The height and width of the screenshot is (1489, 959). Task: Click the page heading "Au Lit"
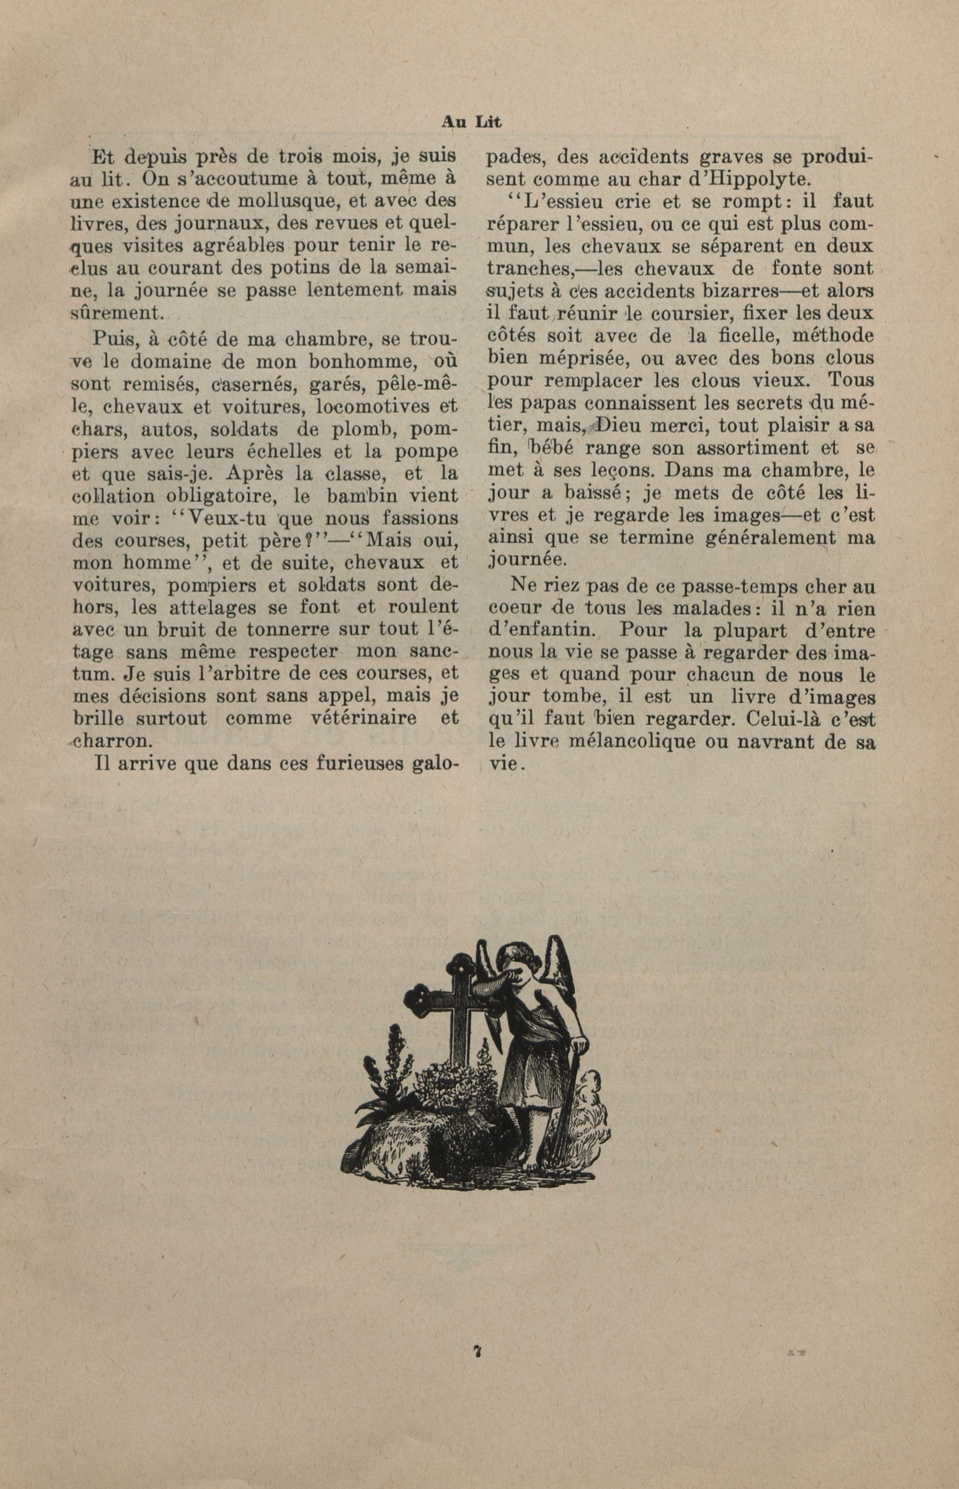pyautogui.click(x=471, y=123)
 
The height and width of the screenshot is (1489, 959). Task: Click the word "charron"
pyautogui.click(x=111, y=741)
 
